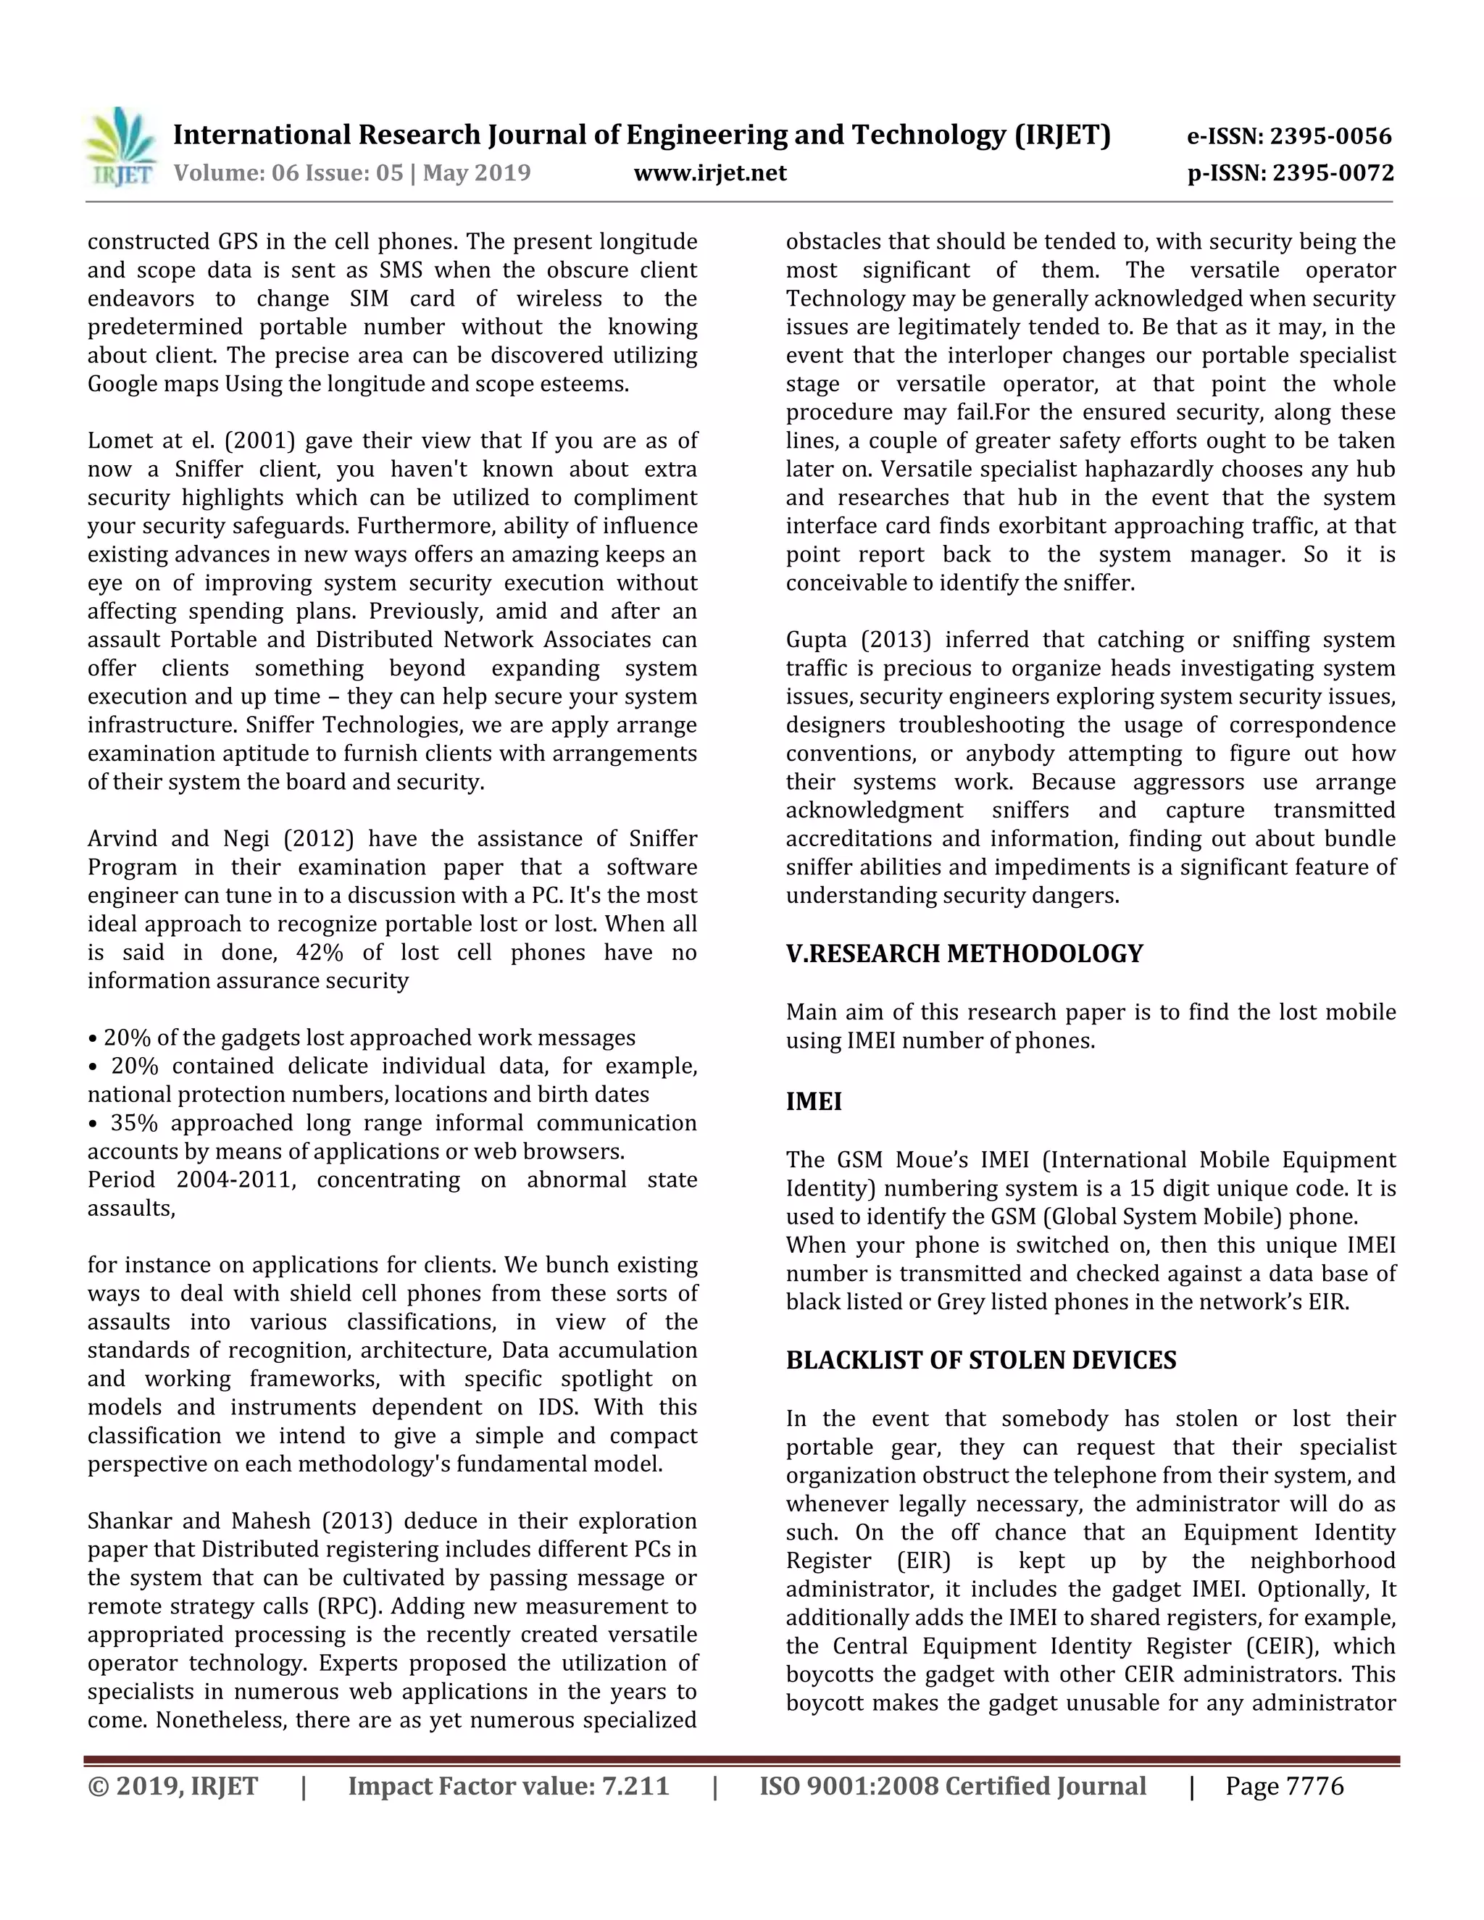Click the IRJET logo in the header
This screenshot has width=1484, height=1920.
tap(121, 148)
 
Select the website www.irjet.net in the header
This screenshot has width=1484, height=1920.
tap(709, 172)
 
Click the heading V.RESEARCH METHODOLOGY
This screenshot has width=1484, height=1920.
tap(964, 954)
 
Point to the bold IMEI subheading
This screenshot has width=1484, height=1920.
tap(813, 1101)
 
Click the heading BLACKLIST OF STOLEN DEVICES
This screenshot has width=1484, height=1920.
tap(980, 1360)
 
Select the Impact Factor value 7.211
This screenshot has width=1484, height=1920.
tap(635, 1787)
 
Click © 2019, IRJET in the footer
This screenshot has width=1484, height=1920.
tap(172, 1787)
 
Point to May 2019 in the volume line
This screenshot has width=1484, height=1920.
tap(477, 172)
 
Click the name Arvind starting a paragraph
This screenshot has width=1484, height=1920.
tap(122, 839)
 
